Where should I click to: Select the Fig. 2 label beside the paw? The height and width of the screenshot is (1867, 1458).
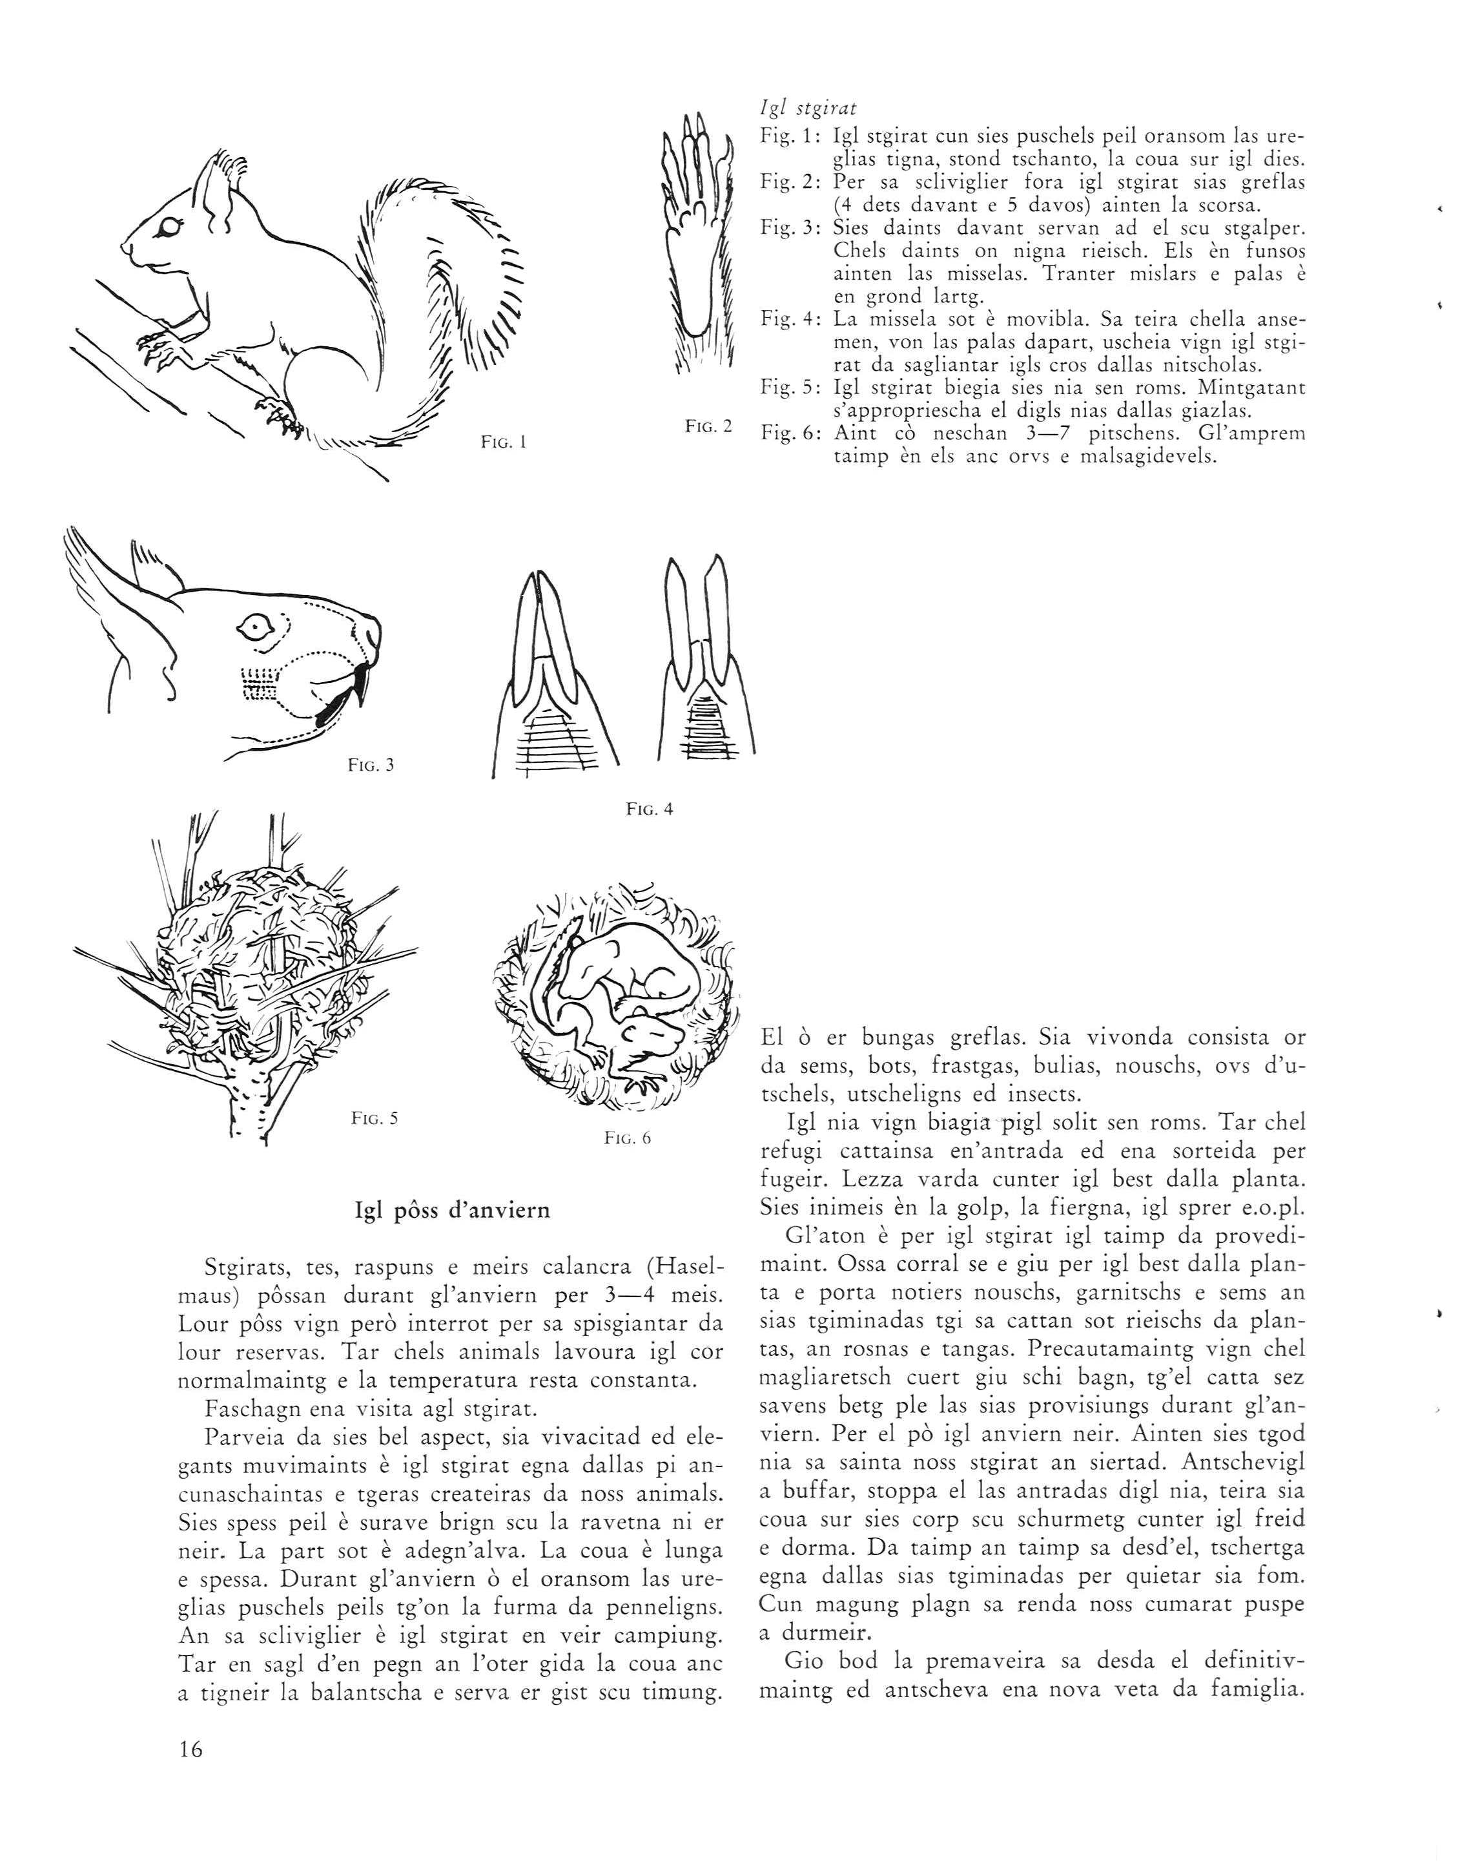[x=708, y=425]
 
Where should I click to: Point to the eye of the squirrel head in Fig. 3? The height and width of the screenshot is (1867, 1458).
[x=253, y=629]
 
